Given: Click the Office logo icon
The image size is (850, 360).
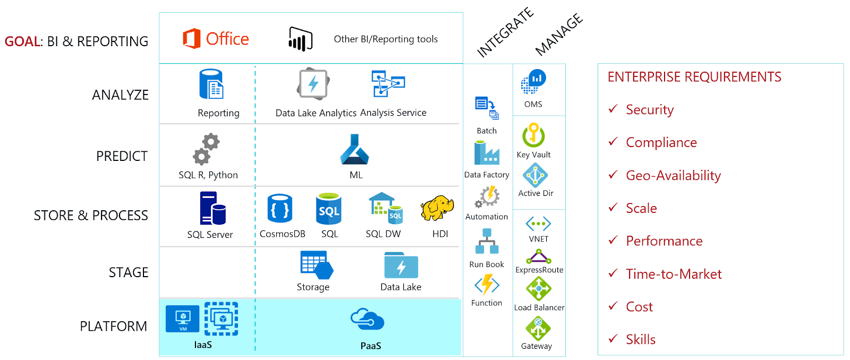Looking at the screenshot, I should click(x=192, y=39).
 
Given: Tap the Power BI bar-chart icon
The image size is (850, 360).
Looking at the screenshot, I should click(x=300, y=39).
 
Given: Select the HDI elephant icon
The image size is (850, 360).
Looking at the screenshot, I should click(x=437, y=208).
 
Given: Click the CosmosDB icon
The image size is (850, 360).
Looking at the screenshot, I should click(x=280, y=208).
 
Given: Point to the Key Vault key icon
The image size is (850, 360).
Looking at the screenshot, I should click(x=533, y=135).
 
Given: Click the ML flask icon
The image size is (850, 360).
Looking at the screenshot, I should click(x=355, y=149).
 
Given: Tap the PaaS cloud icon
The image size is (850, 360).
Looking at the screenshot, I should click(x=367, y=319).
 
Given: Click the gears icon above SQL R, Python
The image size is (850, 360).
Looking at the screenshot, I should click(x=206, y=149).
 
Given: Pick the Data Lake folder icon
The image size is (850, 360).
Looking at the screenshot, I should click(x=401, y=265).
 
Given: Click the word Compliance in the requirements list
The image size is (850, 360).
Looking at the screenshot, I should click(x=661, y=142).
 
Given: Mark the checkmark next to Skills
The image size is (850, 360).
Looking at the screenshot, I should click(x=613, y=338).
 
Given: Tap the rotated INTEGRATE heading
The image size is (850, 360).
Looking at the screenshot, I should click(x=505, y=32).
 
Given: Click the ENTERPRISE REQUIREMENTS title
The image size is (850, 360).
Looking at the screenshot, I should click(x=694, y=77).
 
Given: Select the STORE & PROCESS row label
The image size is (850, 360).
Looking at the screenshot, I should click(x=91, y=216).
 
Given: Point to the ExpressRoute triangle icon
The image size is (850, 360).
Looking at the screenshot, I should click(x=539, y=257).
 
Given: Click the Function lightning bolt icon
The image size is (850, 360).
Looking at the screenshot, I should click(x=487, y=285).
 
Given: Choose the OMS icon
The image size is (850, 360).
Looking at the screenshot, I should click(x=533, y=82).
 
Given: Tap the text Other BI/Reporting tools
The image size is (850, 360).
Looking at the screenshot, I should click(x=386, y=39).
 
